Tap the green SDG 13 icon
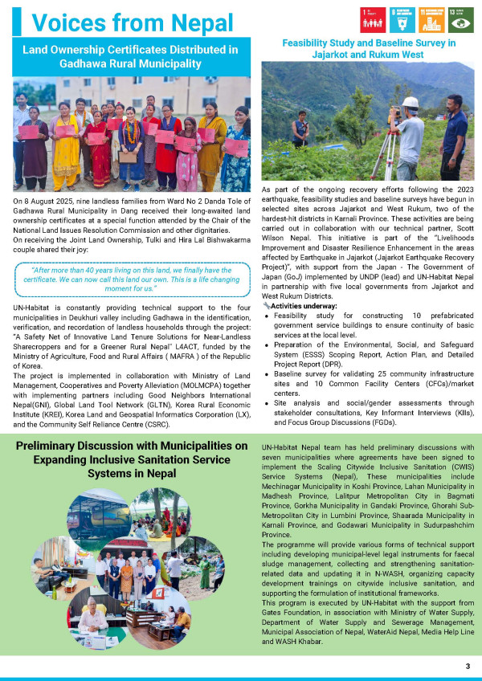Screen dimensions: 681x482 462,18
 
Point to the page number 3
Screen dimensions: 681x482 467,667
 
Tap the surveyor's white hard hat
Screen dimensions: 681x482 411,103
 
